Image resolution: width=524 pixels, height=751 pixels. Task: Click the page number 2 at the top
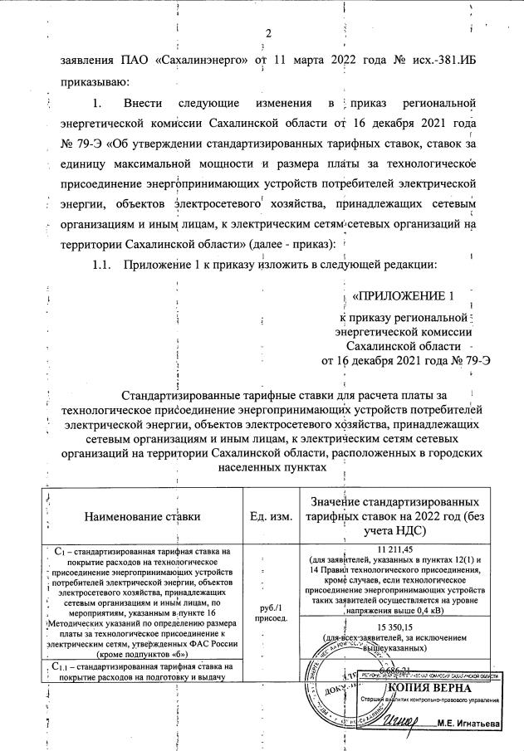[268, 33]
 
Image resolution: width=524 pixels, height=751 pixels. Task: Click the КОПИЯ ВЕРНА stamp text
[429, 688]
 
